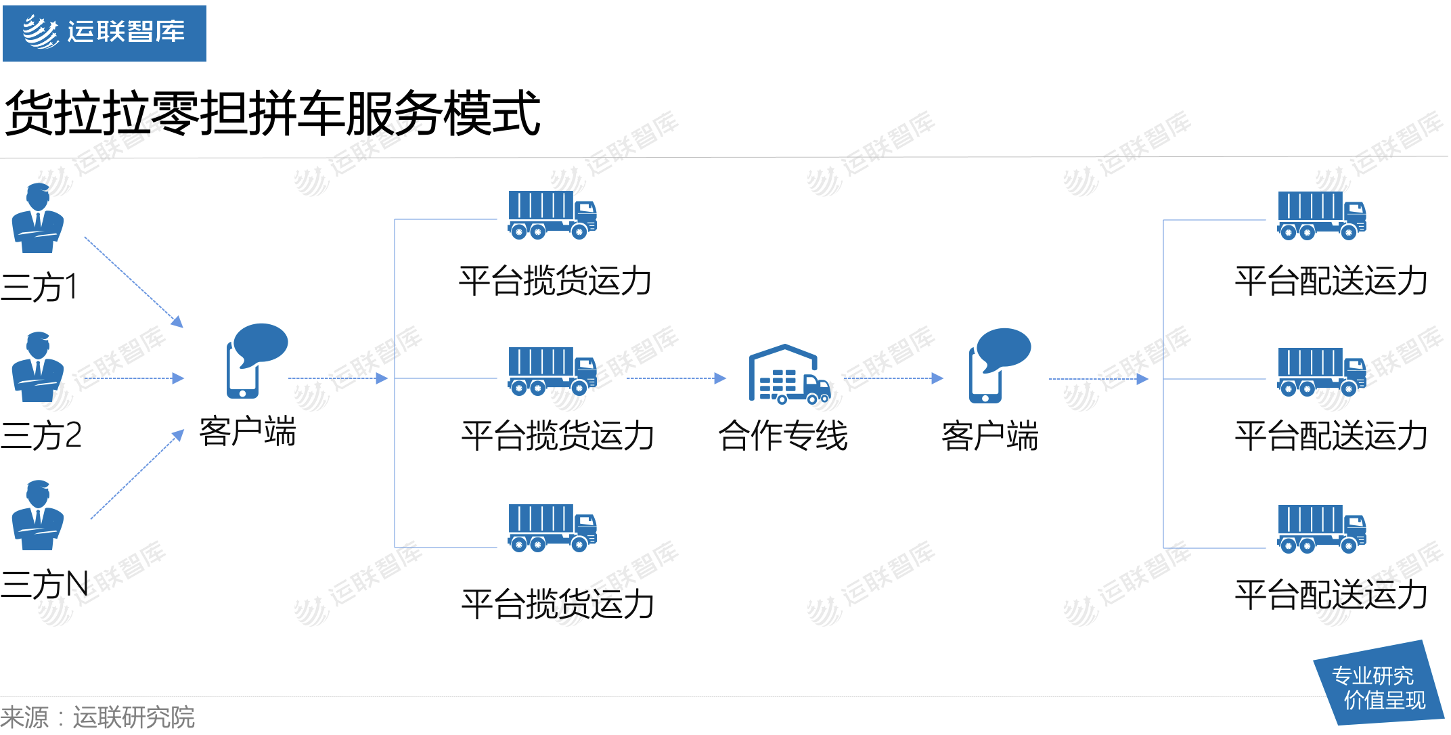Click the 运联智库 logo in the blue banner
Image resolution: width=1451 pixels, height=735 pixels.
pyautogui.click(x=104, y=32)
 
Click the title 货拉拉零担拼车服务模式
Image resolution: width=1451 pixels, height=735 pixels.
pyautogui.click(x=272, y=113)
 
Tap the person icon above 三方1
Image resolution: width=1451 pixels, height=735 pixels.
pyautogui.click(x=38, y=218)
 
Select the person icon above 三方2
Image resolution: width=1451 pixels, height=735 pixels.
pyautogui.click(x=38, y=367)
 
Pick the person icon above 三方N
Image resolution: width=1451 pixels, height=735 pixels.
pyautogui.click(x=38, y=515)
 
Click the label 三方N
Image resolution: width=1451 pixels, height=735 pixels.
pyautogui.click(x=45, y=584)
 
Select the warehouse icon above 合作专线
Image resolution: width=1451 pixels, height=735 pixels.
pyautogui.click(x=788, y=374)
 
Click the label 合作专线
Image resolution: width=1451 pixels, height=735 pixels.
pyautogui.click(x=783, y=435)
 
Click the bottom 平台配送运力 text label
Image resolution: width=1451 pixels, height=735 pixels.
pyautogui.click(x=1331, y=595)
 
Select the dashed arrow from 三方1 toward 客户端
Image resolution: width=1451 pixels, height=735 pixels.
pyautogui.click(x=133, y=281)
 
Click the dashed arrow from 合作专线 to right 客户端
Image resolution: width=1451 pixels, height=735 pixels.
pyautogui.click(x=893, y=378)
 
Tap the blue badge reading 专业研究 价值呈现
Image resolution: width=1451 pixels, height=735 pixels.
pyautogui.click(x=1379, y=686)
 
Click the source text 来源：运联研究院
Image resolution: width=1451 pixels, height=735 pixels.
pyautogui.click(x=97, y=717)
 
